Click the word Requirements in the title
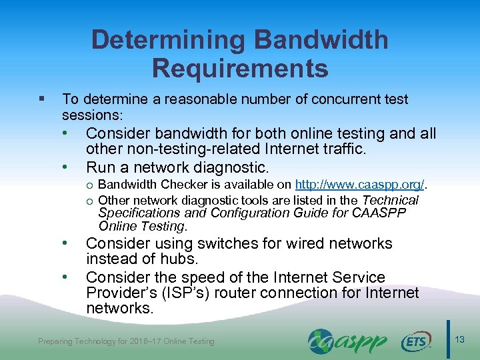pos(240,68)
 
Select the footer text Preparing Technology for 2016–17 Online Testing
pos(127,341)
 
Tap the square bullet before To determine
pos(42,99)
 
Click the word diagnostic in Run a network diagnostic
pos(231,167)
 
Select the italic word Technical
pos(390,200)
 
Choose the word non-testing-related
pos(188,150)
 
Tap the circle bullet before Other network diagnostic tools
pos(90,200)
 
